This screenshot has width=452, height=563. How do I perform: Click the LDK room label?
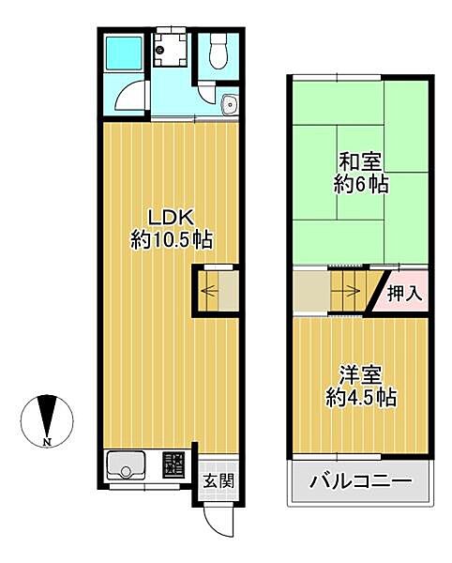(x=171, y=217)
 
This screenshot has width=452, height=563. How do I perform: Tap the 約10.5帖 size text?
(x=171, y=240)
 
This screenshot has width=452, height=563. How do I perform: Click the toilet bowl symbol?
(x=218, y=53)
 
